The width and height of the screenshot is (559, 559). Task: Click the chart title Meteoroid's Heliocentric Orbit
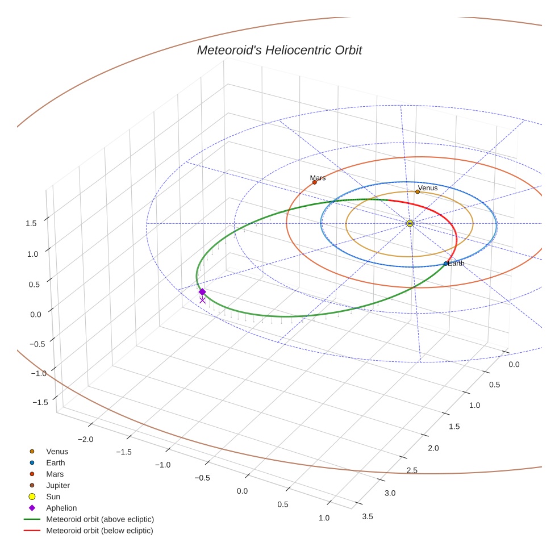(x=279, y=50)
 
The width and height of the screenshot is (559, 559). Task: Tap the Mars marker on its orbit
(x=314, y=182)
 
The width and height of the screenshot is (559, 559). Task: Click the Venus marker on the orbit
(x=418, y=191)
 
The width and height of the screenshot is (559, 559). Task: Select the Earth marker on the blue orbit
(x=445, y=264)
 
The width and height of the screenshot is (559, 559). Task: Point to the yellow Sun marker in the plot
(x=410, y=223)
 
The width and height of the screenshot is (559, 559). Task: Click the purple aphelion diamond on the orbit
(x=202, y=291)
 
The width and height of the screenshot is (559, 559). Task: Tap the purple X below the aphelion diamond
(x=202, y=300)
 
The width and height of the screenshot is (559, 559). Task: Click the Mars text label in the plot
(x=318, y=178)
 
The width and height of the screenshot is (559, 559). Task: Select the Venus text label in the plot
(x=428, y=187)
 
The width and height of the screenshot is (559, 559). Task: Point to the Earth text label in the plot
(x=456, y=264)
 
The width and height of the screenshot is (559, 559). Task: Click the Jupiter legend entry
(x=58, y=485)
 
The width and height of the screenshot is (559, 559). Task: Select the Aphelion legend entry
(x=61, y=508)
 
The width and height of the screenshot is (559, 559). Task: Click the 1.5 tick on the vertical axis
(x=31, y=223)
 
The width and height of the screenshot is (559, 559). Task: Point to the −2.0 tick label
(x=86, y=439)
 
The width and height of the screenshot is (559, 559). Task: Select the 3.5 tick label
(x=367, y=516)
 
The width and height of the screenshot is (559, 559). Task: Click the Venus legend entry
(x=57, y=451)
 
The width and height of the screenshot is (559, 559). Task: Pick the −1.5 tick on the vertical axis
(x=40, y=402)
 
